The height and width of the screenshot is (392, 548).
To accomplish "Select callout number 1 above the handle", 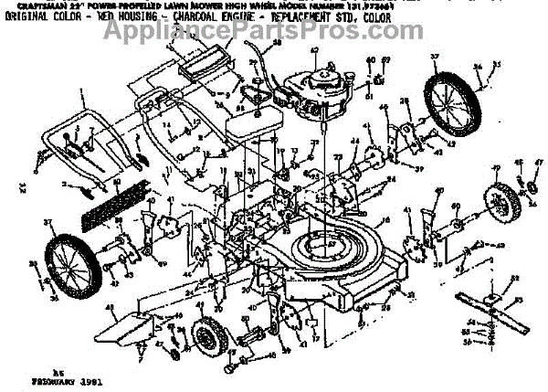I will coord(81,92).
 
